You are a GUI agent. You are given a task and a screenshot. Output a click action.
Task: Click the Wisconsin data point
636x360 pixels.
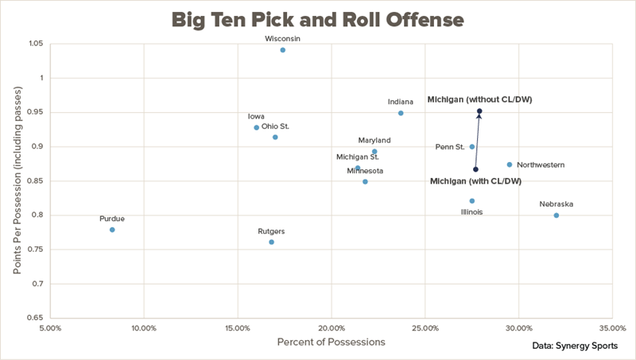[283, 50]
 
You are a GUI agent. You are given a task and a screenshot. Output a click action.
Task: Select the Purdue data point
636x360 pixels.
[112, 230]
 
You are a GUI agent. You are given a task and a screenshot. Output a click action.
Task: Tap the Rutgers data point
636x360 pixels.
[271, 242]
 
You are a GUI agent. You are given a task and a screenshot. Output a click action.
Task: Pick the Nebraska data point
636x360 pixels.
[556, 215]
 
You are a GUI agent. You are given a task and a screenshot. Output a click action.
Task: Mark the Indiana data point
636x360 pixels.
[401, 113]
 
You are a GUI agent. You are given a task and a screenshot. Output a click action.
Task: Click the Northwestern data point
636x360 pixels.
[510, 165]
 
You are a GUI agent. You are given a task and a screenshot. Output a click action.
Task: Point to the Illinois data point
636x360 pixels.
[472, 201]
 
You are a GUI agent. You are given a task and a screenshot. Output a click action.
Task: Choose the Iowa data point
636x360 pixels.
[256, 127]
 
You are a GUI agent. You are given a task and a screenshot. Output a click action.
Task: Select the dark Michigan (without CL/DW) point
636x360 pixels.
[479, 111]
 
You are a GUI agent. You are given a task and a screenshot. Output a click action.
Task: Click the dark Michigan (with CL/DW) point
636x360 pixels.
[475, 169]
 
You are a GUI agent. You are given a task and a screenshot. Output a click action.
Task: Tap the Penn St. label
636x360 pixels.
[450, 147]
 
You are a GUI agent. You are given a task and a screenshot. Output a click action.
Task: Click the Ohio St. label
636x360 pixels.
[275, 126]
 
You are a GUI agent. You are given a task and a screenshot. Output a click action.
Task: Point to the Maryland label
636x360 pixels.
[374, 141]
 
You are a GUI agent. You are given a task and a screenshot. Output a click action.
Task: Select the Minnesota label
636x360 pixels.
[365, 171]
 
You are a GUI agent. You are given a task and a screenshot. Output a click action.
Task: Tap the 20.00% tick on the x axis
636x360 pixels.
[332, 327]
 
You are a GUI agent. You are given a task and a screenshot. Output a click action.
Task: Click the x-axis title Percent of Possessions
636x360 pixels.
[331, 343]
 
